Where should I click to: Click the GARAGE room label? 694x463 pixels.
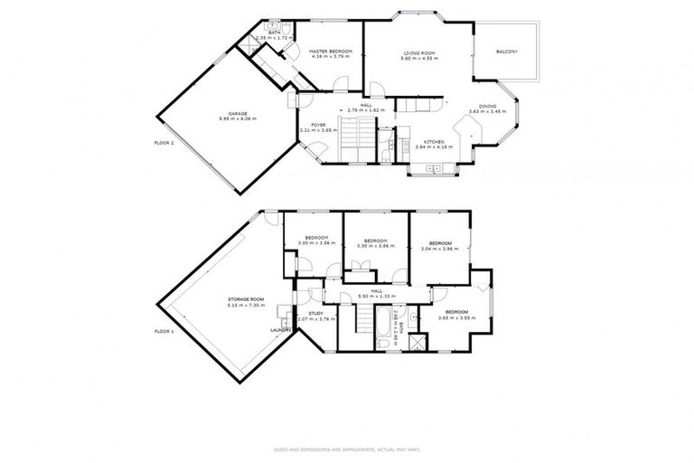point(239,113)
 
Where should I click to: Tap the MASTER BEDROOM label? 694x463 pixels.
point(330,52)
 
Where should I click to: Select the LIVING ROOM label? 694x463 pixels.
point(420,53)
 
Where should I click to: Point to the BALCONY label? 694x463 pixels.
point(507,52)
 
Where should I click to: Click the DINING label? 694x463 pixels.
point(487,106)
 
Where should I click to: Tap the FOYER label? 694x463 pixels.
point(318,126)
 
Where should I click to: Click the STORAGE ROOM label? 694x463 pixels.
point(245,298)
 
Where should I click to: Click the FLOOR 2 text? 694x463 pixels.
point(164,143)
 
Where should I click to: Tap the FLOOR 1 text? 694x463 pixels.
point(164,332)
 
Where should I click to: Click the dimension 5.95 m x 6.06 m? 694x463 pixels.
point(239,118)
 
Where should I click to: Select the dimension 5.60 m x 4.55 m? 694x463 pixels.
point(420,59)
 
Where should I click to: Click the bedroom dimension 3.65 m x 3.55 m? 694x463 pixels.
point(456,317)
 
